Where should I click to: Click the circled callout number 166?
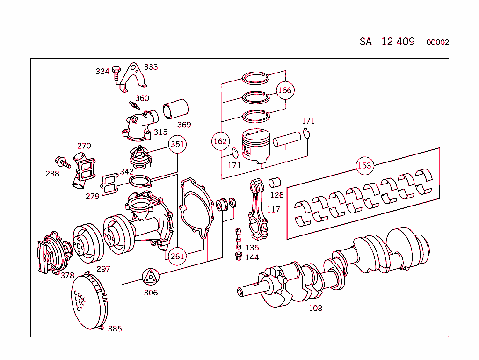click(285, 90)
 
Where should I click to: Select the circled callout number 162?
click(220, 141)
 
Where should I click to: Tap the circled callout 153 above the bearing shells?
click(364, 166)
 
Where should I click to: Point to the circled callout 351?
click(177, 144)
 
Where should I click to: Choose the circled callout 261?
click(177, 256)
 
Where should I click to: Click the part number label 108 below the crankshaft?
click(315, 308)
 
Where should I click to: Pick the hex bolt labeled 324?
click(116, 73)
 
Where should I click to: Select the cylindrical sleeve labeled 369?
click(175, 109)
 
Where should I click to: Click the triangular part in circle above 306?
click(151, 277)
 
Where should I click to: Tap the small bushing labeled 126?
click(275, 183)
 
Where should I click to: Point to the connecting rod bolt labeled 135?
click(238, 238)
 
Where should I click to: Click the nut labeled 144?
click(239, 256)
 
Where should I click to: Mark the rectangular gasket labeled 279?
click(109, 184)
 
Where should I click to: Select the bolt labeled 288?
click(63, 162)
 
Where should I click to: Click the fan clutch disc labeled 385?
click(89, 301)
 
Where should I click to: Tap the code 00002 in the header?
click(437, 42)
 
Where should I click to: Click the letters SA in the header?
click(365, 42)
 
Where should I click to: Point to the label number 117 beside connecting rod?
click(273, 209)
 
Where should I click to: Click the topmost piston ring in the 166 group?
click(256, 79)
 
